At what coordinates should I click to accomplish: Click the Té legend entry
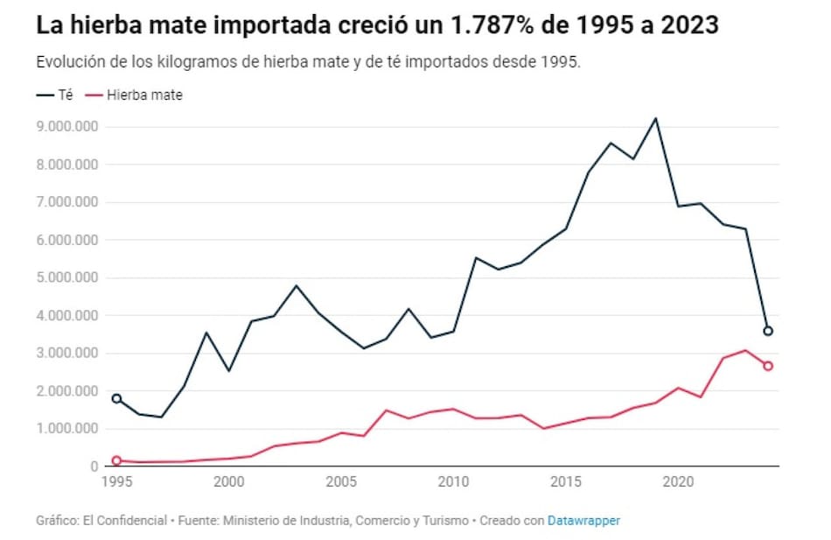pos(54,95)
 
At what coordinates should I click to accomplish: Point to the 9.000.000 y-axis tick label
pos(69,127)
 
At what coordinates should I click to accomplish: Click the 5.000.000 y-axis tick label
pos(69,278)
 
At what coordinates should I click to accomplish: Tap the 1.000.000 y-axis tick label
pos(69,429)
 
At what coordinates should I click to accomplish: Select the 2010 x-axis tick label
pos(452,482)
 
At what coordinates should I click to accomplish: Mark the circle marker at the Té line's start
pos(116,398)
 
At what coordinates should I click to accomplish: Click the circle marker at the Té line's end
pos(767,331)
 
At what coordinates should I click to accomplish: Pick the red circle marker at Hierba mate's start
pos(116,460)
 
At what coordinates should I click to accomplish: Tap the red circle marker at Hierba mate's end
pos(767,366)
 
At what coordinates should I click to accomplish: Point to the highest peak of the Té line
pos(655,118)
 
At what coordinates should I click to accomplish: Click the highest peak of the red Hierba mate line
pos(745,350)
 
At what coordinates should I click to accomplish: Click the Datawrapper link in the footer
pos(583,521)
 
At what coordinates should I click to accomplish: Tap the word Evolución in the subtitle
pos(69,64)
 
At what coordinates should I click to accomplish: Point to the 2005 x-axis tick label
pos(340,482)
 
